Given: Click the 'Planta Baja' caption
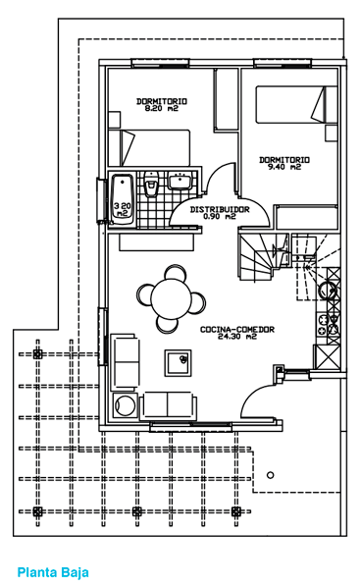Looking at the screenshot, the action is click(53, 572).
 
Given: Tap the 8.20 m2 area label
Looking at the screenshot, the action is click(161, 108).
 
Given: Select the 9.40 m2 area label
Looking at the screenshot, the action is click(284, 167).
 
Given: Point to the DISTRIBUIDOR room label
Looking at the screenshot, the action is click(220, 209).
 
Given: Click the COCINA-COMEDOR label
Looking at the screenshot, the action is click(237, 329).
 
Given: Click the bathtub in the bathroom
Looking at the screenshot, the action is click(122, 199).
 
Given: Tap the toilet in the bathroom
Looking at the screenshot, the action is click(151, 184).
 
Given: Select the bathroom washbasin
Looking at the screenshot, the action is click(180, 182).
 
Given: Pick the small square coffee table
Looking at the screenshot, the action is click(179, 362).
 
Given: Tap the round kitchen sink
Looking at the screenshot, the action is click(328, 291).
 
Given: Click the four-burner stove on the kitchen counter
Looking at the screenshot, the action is click(329, 324).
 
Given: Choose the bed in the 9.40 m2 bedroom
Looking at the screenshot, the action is click(296, 104).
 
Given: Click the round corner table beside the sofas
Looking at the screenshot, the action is click(124, 404).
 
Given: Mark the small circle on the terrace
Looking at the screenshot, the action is click(271, 475).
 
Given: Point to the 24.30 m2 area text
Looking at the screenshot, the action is click(237, 337).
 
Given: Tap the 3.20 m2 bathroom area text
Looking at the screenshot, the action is click(123, 209).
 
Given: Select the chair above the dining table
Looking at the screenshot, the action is click(175, 272).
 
